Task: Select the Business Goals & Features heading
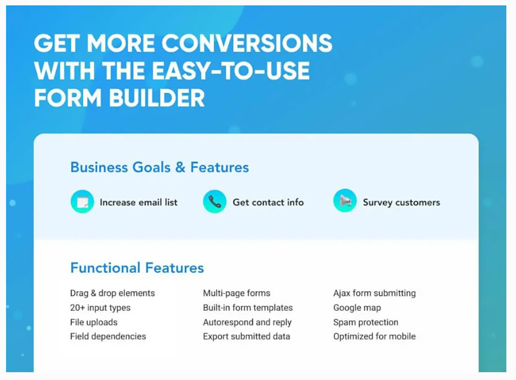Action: tap(159, 167)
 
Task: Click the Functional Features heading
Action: tap(137, 268)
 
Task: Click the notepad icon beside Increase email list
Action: tap(82, 202)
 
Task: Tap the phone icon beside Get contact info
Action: tap(215, 202)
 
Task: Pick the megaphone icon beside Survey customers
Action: tap(345, 202)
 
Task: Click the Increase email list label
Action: tap(138, 202)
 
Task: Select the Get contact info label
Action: tap(268, 202)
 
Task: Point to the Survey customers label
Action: tap(401, 202)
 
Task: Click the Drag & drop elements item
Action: tap(112, 293)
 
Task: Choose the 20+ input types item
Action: tap(100, 308)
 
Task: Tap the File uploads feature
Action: tap(93, 322)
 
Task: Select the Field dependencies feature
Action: tap(108, 337)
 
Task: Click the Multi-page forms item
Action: tap(236, 293)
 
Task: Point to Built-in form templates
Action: tap(248, 308)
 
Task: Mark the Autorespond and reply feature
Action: tap(247, 322)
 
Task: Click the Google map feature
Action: tap(357, 308)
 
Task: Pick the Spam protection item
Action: tap(365, 322)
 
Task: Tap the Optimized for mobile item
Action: tap(374, 337)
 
